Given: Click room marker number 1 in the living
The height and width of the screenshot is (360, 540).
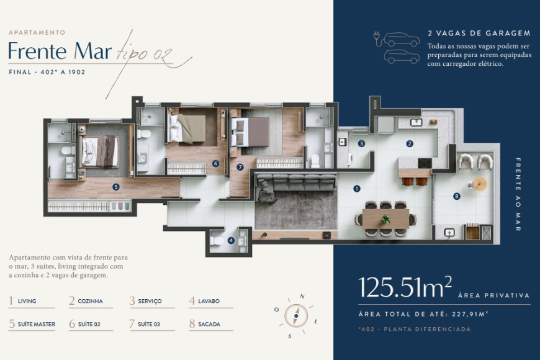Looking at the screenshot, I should pos(357,188).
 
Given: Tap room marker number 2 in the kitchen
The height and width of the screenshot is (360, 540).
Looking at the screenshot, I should pos(410,143).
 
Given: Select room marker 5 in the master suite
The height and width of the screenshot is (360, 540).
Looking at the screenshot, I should pos(115,186).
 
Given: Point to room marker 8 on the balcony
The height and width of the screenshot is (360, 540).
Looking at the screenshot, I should pos(457,197).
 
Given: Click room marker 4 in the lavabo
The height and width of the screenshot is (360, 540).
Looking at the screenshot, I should pos(231,241).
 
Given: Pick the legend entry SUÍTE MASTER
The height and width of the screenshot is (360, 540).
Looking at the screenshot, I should pos(32,324).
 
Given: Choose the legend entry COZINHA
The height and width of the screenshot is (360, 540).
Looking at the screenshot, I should pos(86,301).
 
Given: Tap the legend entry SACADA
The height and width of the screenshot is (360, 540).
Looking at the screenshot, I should pos(205,324).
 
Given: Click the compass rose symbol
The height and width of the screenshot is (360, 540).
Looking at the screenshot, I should pos(296,316).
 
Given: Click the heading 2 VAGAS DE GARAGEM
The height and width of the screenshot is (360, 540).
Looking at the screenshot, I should pos(479,34).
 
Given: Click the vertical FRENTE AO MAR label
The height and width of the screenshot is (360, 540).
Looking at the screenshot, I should pos(518,194).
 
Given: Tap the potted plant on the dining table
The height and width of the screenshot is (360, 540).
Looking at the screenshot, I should pos(386,219).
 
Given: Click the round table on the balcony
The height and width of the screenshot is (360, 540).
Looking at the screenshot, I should pos(479,184).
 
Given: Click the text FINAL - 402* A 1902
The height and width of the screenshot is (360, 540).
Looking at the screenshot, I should pos(47,72).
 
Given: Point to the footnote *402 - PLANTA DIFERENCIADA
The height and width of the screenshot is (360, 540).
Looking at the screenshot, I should pos(415,329).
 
